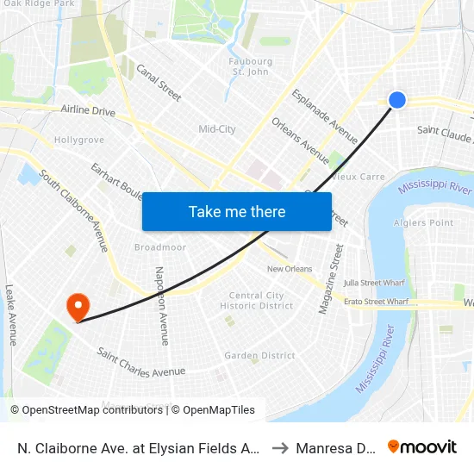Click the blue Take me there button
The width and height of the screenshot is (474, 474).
click(237, 212)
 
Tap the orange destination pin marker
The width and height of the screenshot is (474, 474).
click(78, 306)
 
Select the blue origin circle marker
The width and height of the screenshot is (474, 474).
click(397, 100)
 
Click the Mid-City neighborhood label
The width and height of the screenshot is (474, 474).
click(217, 129)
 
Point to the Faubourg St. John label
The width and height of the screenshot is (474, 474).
click(251, 66)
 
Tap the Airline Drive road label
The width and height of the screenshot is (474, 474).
click(88, 110)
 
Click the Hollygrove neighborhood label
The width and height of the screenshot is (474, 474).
click(79, 140)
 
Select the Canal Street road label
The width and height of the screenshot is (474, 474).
click(159, 82)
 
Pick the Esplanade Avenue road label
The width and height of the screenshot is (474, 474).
click(325, 116)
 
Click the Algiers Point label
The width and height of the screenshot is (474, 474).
click(429, 222)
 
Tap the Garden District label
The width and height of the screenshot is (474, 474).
click(259, 355)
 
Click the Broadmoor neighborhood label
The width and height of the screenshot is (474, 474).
click(160, 247)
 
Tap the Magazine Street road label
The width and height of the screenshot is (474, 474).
click(327, 278)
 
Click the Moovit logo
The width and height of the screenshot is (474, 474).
click(422, 446)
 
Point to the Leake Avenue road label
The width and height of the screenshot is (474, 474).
click(10, 315)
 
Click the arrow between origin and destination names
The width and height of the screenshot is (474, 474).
click(279, 447)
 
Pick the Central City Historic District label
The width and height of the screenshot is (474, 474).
click(257, 301)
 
